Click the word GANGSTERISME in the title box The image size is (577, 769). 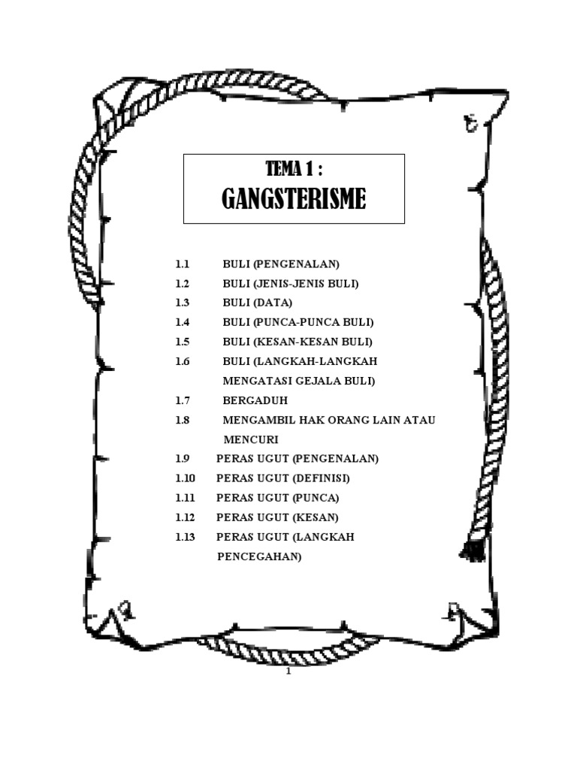coord(294,199)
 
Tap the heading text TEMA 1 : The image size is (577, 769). coord(294,170)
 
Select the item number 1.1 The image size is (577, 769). coord(183,264)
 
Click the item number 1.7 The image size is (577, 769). coord(183,400)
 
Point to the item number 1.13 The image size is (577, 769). coord(185,537)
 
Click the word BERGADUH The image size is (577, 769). coord(255,400)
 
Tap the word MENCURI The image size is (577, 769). coord(251,439)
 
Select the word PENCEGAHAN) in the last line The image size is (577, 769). coord(258,557)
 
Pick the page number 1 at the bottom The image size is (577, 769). coord(288,672)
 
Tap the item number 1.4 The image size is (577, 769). coord(183,322)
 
